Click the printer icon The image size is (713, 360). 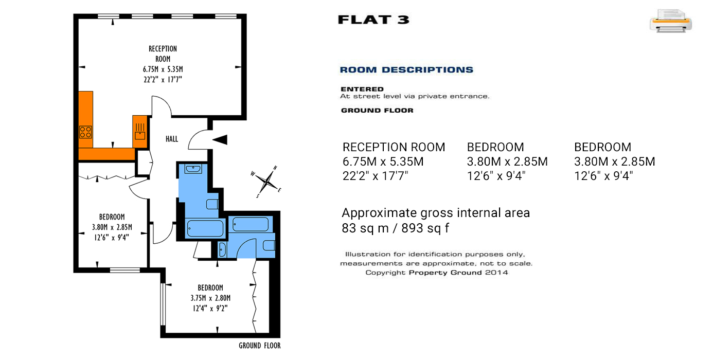point(671,21)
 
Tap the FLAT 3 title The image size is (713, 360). point(373,20)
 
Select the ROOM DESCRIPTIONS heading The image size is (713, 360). point(406,70)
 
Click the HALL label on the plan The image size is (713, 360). point(172,139)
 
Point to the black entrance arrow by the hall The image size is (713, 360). point(220,139)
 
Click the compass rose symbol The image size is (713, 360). point(267,182)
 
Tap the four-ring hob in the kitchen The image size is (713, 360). point(85,132)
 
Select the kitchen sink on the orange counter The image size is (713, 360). point(140,132)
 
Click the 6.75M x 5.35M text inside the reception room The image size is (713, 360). point(163,69)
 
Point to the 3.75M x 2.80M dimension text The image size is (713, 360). point(210,298)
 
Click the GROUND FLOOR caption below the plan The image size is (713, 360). point(260,346)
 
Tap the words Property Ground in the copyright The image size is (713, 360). point(445,273)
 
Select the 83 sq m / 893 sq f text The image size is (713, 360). point(395,228)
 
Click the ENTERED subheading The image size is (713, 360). point(362,89)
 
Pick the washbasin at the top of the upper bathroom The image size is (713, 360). point(193,168)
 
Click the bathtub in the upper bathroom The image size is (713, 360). point(205,228)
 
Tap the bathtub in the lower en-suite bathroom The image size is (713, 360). point(251,224)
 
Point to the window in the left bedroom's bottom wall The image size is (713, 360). point(125,270)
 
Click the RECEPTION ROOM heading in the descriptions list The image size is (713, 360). point(394,147)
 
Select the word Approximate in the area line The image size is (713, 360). point(380,213)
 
